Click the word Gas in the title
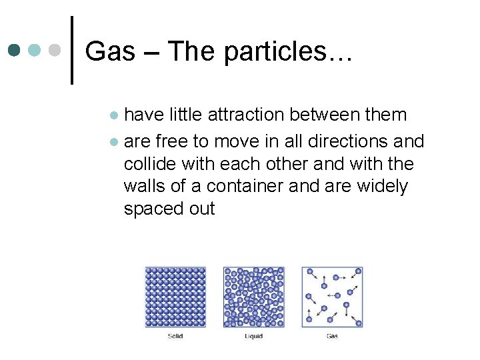pyautogui.click(x=109, y=51)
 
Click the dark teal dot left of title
pyautogui.click(x=14, y=51)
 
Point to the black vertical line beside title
pyautogui.click(x=71, y=51)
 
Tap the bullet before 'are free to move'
pyautogui.click(x=114, y=142)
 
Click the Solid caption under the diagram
pyautogui.click(x=175, y=336)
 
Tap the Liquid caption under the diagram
pyautogui.click(x=253, y=336)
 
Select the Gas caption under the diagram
pyautogui.click(x=332, y=336)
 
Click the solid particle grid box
pyautogui.click(x=175, y=297)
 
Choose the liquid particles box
pyautogui.click(x=253, y=297)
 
